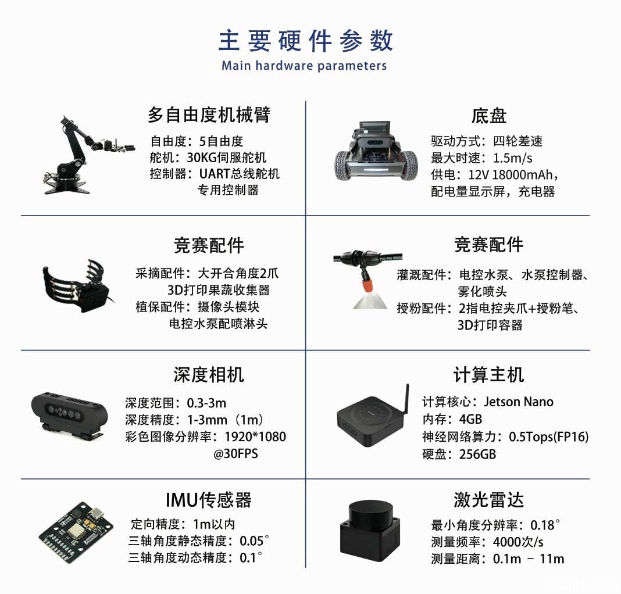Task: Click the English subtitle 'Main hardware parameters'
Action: tap(304, 65)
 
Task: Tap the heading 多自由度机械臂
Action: tap(208, 114)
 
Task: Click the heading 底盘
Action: tap(489, 116)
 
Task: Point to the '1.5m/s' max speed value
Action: tap(513, 158)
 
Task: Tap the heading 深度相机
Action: tap(208, 374)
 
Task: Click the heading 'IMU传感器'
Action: tap(208, 500)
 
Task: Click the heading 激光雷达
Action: tap(489, 500)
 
